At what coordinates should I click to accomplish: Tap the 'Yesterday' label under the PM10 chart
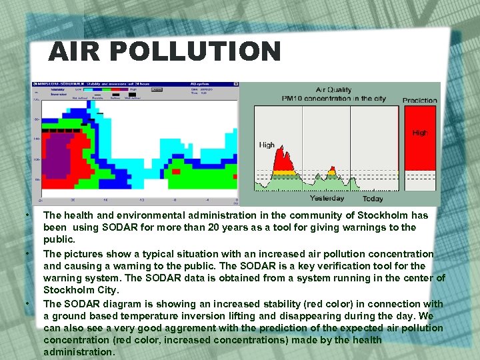(327, 198)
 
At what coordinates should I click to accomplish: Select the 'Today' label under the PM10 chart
(373, 199)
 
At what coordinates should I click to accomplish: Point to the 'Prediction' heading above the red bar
(419, 101)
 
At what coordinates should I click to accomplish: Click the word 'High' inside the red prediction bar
(420, 133)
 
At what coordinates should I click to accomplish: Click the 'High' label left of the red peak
(267, 145)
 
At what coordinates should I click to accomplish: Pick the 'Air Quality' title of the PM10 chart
(333, 90)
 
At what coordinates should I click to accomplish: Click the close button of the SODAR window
(235, 85)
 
